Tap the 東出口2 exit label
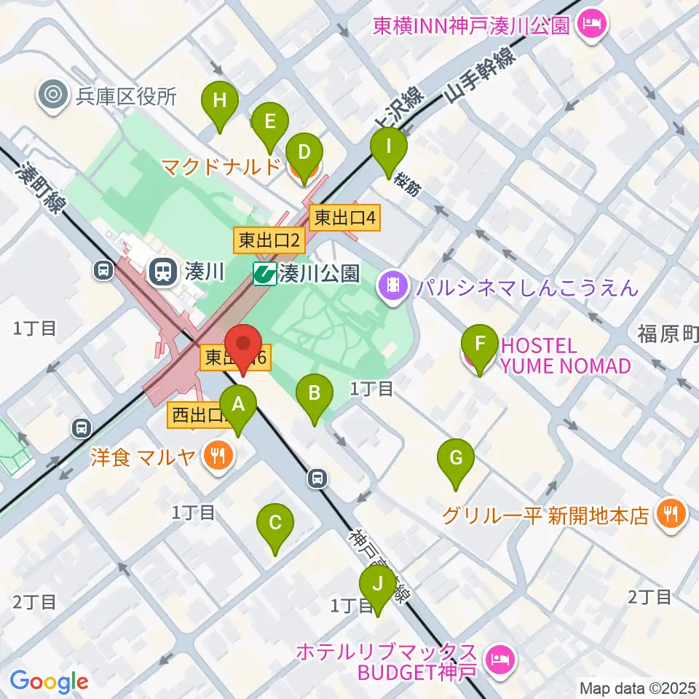click(268, 240)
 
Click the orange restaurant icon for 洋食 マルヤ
click(216, 457)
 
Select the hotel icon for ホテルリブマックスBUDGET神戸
click(499, 660)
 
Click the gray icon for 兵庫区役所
click(52, 95)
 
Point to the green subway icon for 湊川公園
click(264, 274)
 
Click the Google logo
click(49, 681)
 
